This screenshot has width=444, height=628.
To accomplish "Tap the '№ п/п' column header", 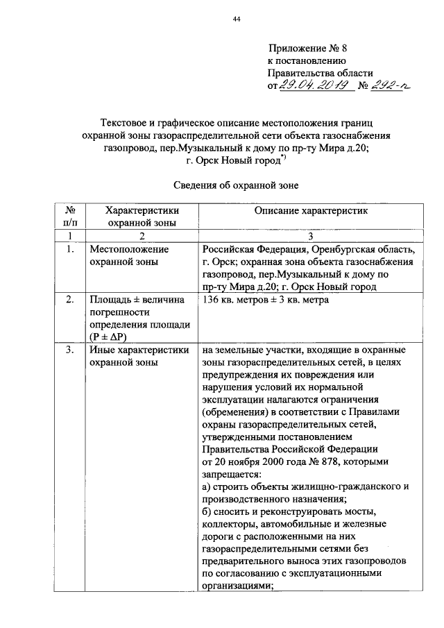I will point(69,216).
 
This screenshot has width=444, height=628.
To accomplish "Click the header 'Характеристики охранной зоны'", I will point(142,216).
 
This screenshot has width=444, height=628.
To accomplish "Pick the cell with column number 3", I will point(309,237).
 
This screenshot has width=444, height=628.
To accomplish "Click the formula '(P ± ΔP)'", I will point(111,337).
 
